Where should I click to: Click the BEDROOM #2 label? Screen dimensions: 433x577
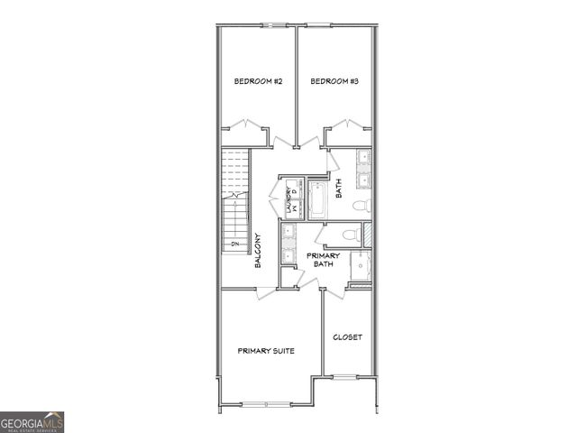[259, 82]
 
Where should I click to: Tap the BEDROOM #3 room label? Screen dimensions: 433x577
[335, 82]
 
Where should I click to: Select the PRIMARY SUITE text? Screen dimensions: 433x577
[266, 351]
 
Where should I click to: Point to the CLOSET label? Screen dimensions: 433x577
[347, 337]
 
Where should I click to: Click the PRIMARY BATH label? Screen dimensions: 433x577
[323, 260]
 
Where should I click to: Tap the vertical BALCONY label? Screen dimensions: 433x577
[258, 250]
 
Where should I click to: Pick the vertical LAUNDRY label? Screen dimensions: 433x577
[289, 200]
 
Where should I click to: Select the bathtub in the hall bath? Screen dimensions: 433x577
[318, 200]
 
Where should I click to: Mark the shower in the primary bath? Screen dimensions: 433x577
[360, 267]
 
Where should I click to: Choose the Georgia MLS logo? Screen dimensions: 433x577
[32, 422]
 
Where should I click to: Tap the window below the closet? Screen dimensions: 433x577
[347, 375]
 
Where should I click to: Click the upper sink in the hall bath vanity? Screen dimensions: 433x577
[364, 160]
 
